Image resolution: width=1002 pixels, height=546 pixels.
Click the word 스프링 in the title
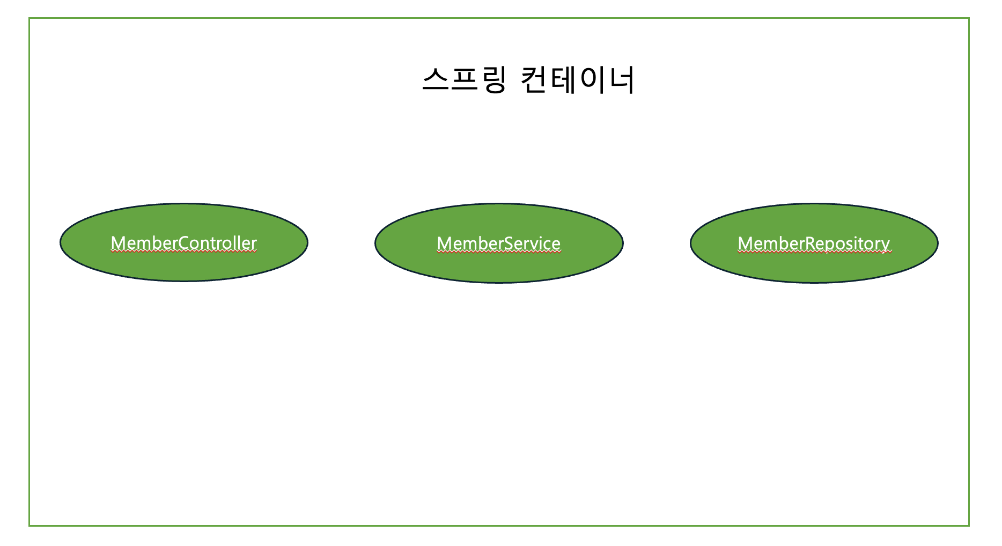tap(465, 80)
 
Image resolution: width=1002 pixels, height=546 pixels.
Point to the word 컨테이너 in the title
tap(578, 80)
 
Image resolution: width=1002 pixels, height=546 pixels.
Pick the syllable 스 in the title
tap(436, 80)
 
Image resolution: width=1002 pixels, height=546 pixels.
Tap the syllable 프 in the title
tap(465, 80)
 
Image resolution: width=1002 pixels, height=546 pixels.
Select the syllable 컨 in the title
tap(535, 80)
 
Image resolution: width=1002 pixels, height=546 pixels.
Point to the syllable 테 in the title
tap(563, 80)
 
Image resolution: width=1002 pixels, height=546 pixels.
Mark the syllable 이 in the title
tap(592, 80)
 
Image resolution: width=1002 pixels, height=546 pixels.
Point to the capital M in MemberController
tap(118, 243)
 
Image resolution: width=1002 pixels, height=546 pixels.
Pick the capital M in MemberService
tap(444, 244)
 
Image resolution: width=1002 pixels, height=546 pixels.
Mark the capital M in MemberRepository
tap(746, 244)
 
